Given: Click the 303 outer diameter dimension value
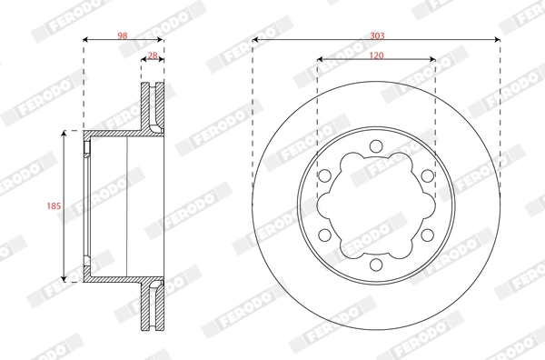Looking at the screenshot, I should pos(377,35).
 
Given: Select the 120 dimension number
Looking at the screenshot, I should pos(376,55).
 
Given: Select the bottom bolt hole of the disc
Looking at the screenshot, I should pos(376,265).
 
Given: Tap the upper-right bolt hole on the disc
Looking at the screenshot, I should pos(428,175).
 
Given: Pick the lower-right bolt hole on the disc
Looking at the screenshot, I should pos(428,235).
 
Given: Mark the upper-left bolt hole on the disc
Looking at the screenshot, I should pos(324,175).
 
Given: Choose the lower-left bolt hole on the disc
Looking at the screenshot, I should pos(324,235).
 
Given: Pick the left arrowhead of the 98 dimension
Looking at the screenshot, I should pos(87,40).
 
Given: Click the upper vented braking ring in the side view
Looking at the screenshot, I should pos(153,107).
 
